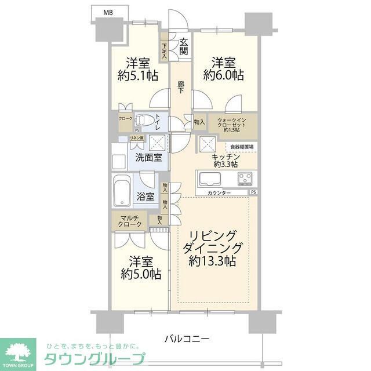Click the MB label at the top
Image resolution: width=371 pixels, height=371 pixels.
point(108,12)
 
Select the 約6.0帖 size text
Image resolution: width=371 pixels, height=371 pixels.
point(223,75)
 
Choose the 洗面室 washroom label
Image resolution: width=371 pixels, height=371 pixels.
point(148,157)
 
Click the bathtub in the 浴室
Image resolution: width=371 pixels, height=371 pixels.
point(123,190)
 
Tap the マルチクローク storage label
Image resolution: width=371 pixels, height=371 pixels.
point(129,220)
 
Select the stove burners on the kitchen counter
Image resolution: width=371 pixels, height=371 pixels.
point(244,177)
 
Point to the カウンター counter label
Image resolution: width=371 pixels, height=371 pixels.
point(219,192)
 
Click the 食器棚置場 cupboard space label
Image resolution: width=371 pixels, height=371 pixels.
point(241,147)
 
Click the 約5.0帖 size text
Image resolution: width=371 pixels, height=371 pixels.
point(140,274)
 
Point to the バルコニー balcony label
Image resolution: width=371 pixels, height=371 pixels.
point(186,339)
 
